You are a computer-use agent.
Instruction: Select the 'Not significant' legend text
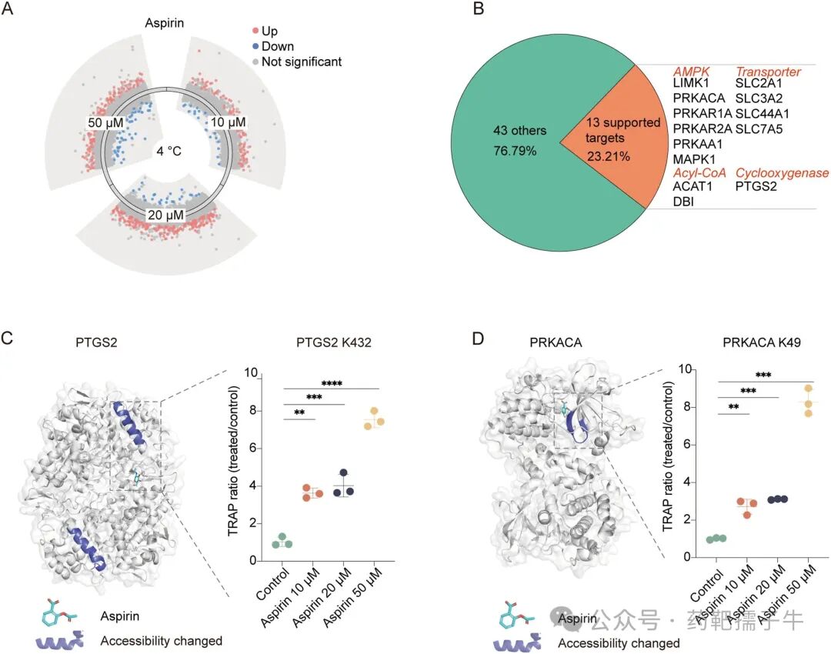point(302,62)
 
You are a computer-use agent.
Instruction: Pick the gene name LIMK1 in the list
point(691,83)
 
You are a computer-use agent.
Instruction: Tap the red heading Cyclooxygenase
point(782,172)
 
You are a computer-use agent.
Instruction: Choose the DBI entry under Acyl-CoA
point(683,202)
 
